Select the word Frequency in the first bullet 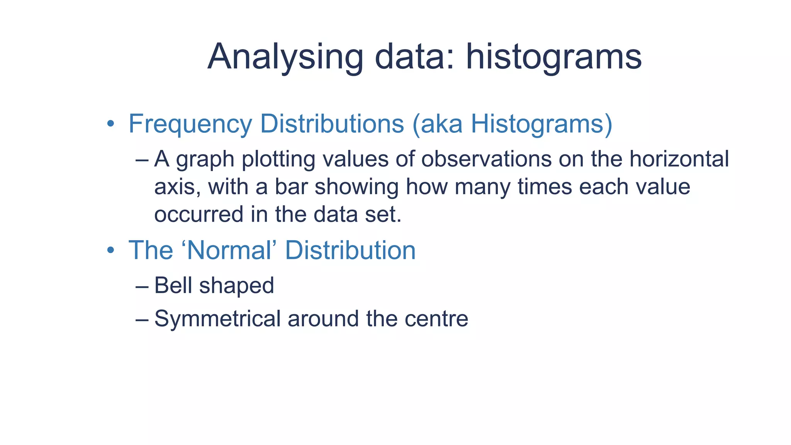190,124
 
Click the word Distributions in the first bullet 332,124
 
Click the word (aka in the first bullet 437,124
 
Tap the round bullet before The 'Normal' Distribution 111,250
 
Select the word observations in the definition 486,159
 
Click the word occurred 199,215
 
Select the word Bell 173,285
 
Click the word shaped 236,286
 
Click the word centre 436,319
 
